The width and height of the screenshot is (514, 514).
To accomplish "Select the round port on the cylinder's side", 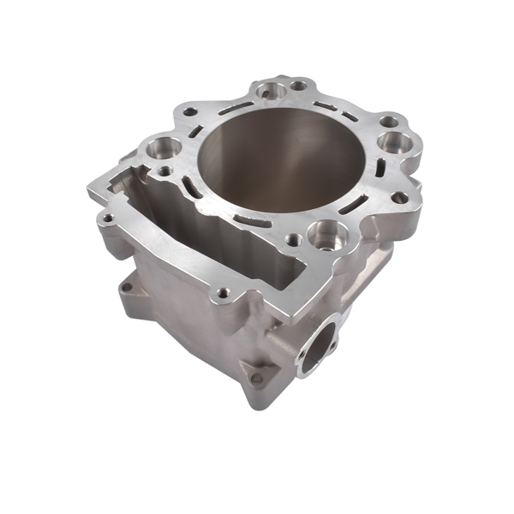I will pos(318,342).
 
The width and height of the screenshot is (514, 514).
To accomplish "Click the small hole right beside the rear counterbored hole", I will pos(298,85).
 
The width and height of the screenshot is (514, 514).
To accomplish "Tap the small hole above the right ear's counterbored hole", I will pos(389,122).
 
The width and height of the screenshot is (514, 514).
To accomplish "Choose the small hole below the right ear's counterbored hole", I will pos(399,197).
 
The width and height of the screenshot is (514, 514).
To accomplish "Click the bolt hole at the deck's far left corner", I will pos(105,218).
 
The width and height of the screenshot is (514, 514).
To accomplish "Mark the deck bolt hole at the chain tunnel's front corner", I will pos(224,293).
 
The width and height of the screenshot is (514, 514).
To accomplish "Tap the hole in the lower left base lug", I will pos(127,287).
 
